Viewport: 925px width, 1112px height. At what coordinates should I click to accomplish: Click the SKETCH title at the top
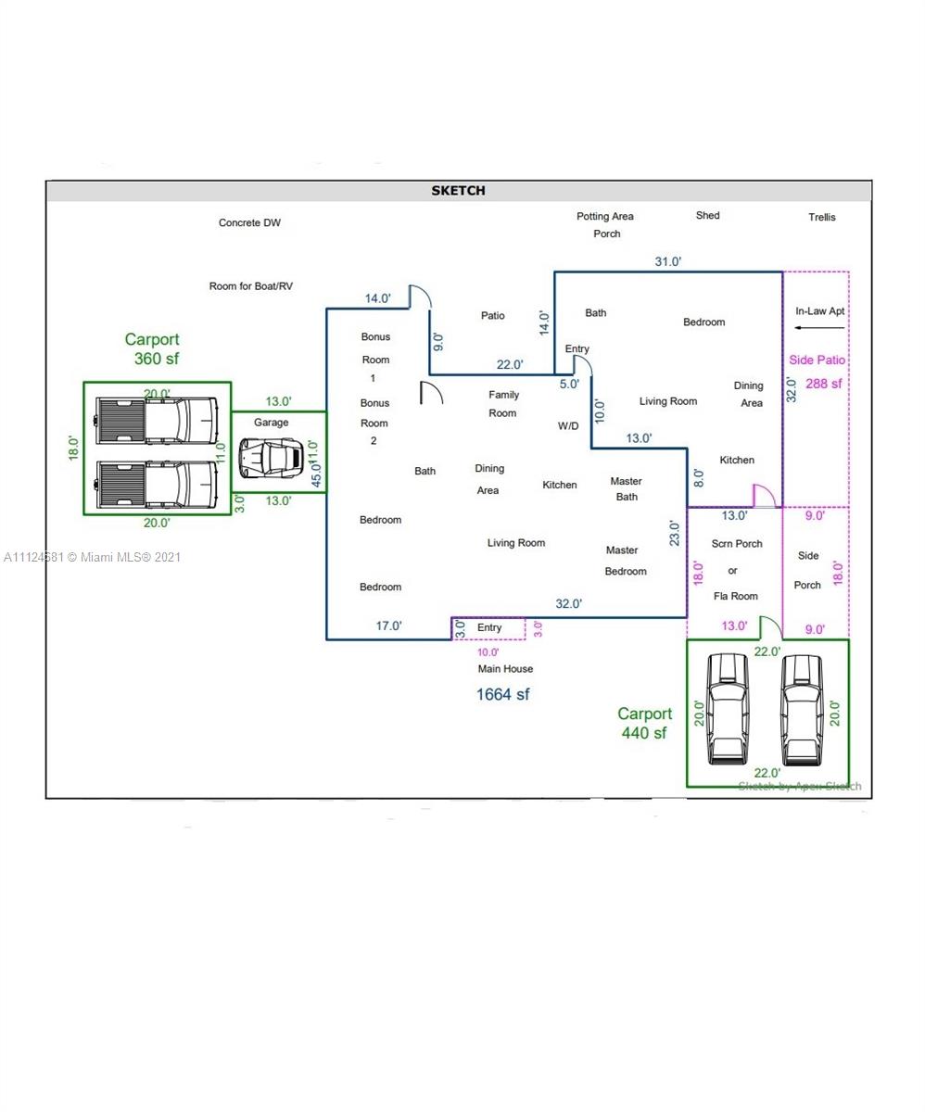click(x=458, y=191)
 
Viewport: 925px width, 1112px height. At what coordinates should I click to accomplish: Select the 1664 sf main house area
click(x=502, y=694)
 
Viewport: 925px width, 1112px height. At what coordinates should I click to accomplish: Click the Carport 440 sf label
click(x=645, y=723)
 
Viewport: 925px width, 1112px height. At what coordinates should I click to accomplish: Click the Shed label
click(x=707, y=215)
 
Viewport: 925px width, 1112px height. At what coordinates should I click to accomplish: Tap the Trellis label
click(x=821, y=217)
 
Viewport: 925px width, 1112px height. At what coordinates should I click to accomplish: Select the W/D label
click(x=568, y=426)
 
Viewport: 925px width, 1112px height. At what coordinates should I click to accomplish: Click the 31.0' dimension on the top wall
click(x=667, y=261)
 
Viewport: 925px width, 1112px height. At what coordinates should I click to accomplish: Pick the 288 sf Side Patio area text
click(x=823, y=384)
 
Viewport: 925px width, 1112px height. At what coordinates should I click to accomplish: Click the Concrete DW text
click(x=249, y=222)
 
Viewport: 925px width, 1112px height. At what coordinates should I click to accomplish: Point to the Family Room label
click(x=503, y=404)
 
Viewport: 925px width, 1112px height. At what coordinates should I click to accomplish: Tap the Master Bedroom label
click(x=624, y=561)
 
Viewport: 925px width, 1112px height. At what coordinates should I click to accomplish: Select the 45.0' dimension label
click(x=317, y=475)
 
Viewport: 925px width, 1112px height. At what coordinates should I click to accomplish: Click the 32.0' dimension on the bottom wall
click(x=568, y=603)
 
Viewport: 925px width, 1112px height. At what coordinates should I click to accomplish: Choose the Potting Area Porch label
click(x=605, y=225)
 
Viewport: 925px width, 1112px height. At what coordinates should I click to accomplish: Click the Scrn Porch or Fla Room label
click(x=736, y=570)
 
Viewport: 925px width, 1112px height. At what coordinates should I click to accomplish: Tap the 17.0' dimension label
click(x=388, y=625)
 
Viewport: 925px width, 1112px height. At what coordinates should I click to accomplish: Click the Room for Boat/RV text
click(x=250, y=286)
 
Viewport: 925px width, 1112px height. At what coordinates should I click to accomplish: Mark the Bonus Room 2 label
click(x=374, y=422)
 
